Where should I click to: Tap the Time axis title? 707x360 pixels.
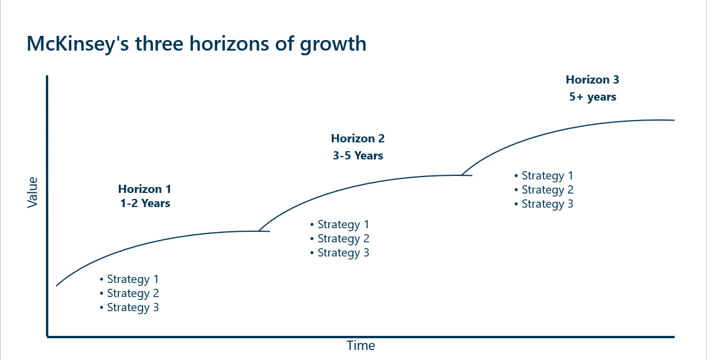click(x=361, y=346)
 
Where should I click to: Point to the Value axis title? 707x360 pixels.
click(x=33, y=192)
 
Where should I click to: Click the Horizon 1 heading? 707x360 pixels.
click(x=145, y=189)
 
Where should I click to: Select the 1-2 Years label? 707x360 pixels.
click(x=145, y=204)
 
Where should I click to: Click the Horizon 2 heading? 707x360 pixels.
click(x=358, y=139)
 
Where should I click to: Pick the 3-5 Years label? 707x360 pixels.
click(x=358, y=156)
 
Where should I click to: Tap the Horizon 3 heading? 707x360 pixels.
click(x=592, y=79)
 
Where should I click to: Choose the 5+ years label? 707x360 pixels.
click(x=592, y=97)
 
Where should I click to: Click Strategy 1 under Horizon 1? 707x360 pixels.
click(x=132, y=279)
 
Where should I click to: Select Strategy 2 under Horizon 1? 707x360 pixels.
click(x=132, y=294)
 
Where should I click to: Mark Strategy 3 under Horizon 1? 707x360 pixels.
click(x=132, y=308)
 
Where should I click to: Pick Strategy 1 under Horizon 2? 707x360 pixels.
click(x=343, y=225)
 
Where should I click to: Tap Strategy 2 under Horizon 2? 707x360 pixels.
click(x=343, y=239)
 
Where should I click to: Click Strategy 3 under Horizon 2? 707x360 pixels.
click(x=343, y=253)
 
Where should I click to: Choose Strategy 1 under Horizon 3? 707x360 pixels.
click(x=547, y=176)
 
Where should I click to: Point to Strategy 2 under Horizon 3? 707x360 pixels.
click(x=547, y=190)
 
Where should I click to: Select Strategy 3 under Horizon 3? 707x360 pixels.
click(x=547, y=204)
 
